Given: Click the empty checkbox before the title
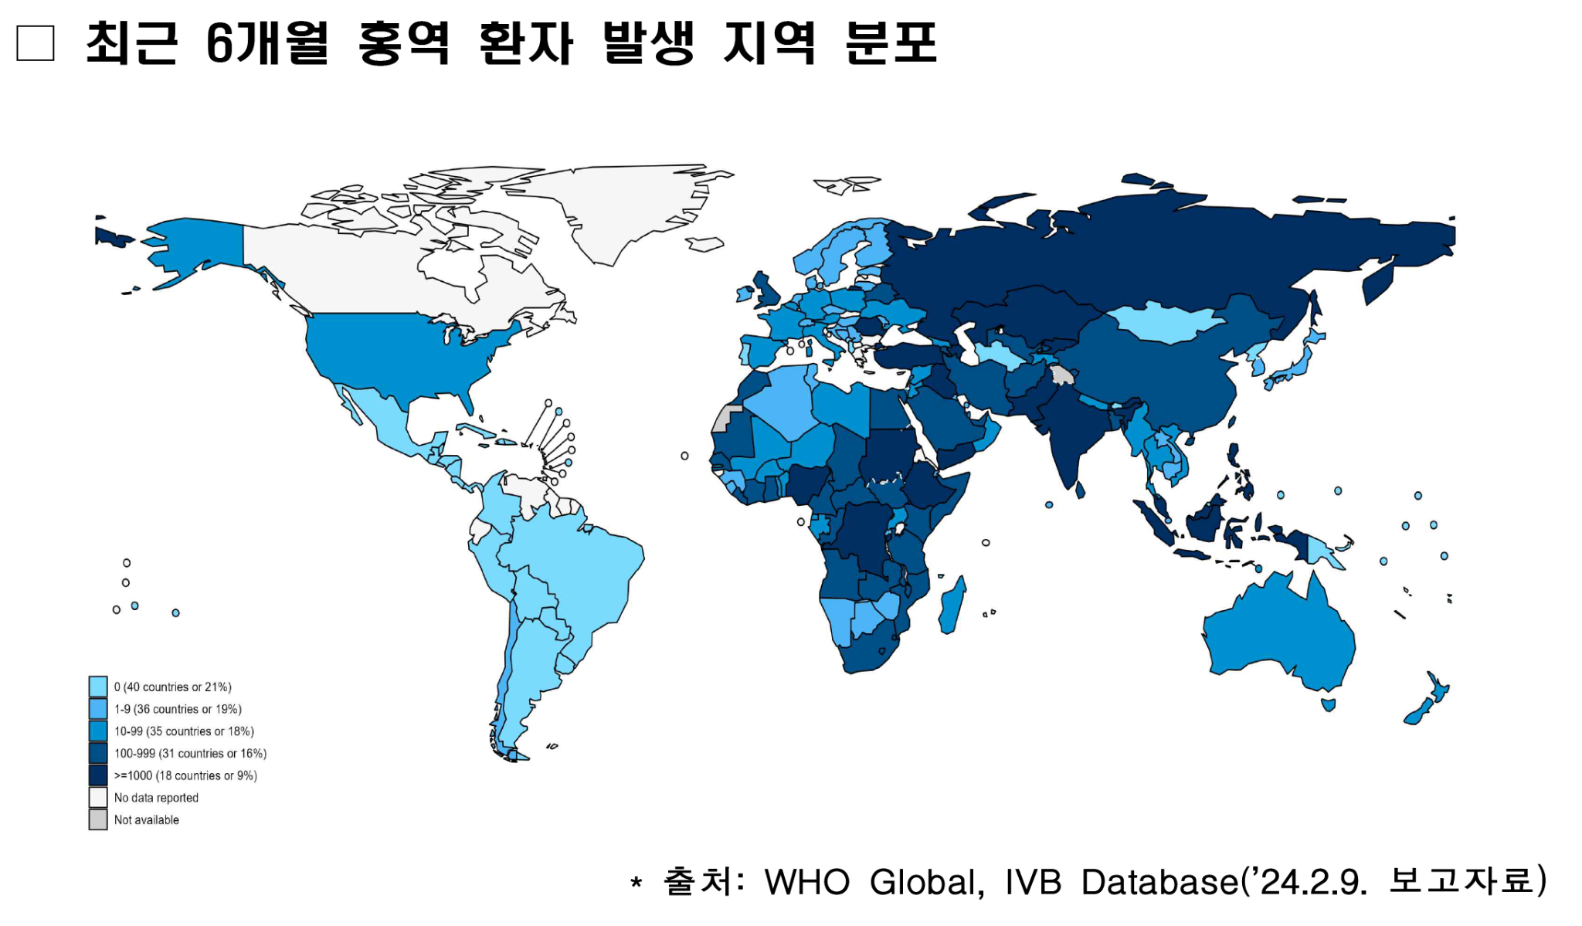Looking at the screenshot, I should point(36,43).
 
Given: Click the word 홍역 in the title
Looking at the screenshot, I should point(403,43).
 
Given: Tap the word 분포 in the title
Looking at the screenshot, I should point(891,43).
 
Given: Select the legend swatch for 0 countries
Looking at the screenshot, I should point(98,687).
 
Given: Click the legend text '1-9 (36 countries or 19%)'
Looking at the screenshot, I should point(178,709).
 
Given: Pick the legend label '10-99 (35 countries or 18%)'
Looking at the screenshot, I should point(184,731).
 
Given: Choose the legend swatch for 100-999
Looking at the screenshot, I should point(98,753).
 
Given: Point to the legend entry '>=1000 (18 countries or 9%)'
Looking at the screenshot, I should point(185,775).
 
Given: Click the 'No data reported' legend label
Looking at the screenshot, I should point(156,798).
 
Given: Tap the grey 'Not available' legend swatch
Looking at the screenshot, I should point(98,819).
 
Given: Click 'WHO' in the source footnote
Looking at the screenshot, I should point(806,882).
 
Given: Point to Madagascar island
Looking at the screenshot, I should point(952,606).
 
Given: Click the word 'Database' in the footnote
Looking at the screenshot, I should point(1159,882).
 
